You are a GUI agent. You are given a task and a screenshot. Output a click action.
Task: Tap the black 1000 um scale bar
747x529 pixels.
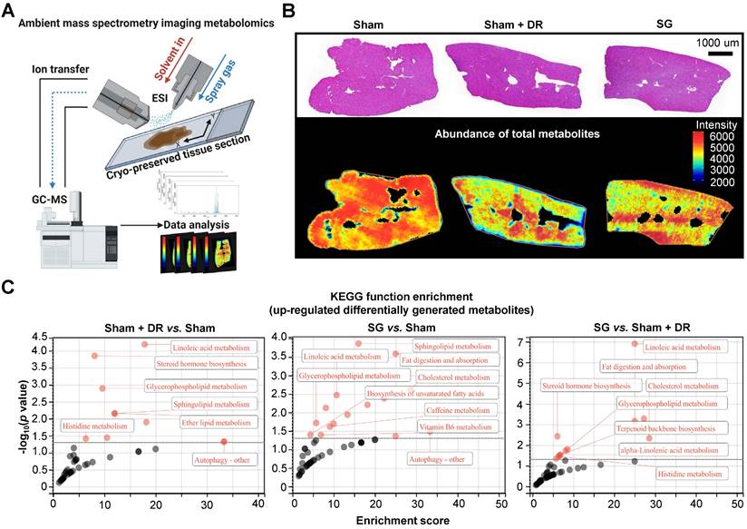(720, 54)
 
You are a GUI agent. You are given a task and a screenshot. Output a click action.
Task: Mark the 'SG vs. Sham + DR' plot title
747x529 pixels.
(631, 324)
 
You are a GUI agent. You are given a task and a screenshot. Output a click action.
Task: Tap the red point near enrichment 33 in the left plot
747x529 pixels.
(223, 442)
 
